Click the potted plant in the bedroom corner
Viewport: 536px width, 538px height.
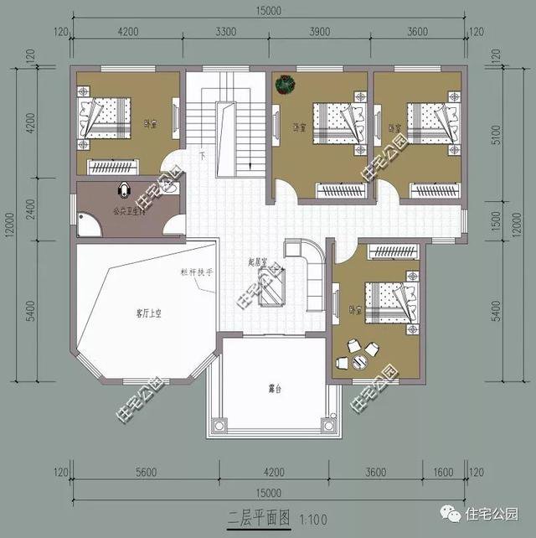pos(288,85)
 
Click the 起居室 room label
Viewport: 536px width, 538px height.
pos(258,261)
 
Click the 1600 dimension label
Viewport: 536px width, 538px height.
pos(443,472)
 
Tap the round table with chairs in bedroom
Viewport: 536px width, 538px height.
pos(351,354)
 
